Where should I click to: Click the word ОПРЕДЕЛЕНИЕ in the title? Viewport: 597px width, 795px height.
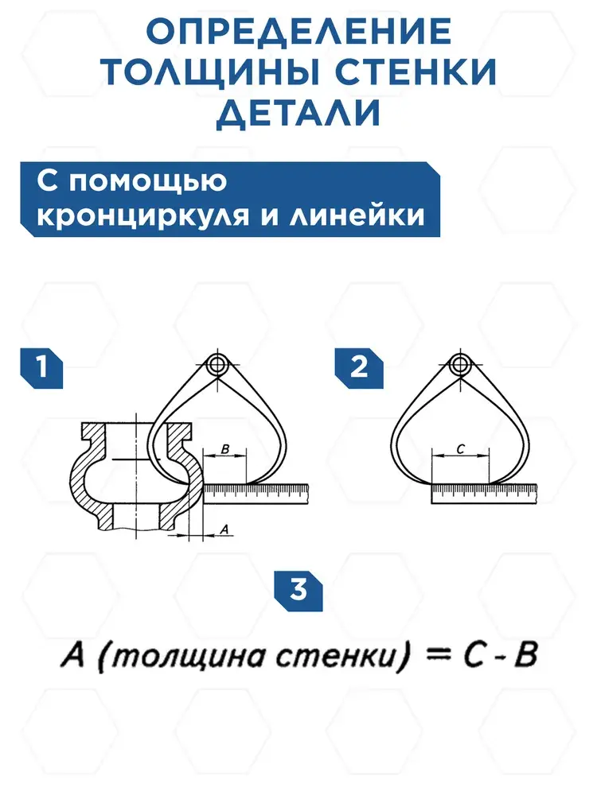coord(298,33)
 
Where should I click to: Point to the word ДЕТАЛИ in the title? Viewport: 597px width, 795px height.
coord(298,114)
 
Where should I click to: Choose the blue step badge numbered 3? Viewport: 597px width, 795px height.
coord(298,590)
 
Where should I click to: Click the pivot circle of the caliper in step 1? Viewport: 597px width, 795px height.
coord(217,366)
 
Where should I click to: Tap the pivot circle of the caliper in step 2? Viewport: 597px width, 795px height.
coord(458,366)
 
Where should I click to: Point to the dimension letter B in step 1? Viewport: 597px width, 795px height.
coord(225,450)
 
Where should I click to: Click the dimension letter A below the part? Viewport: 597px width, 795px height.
coord(224,528)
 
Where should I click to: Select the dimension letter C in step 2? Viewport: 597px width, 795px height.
coord(460,449)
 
